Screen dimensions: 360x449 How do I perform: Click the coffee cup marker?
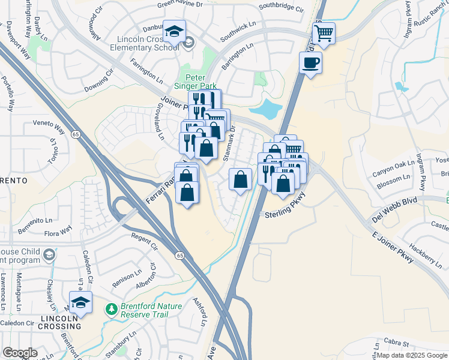pyautogui.click(x=310, y=62)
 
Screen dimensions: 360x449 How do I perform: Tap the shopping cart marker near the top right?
pyautogui.click(x=324, y=33)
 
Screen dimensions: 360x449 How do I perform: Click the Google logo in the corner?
pyautogui.click(x=20, y=353)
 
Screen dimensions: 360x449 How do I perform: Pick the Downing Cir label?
pyautogui.click(x=99, y=80)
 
